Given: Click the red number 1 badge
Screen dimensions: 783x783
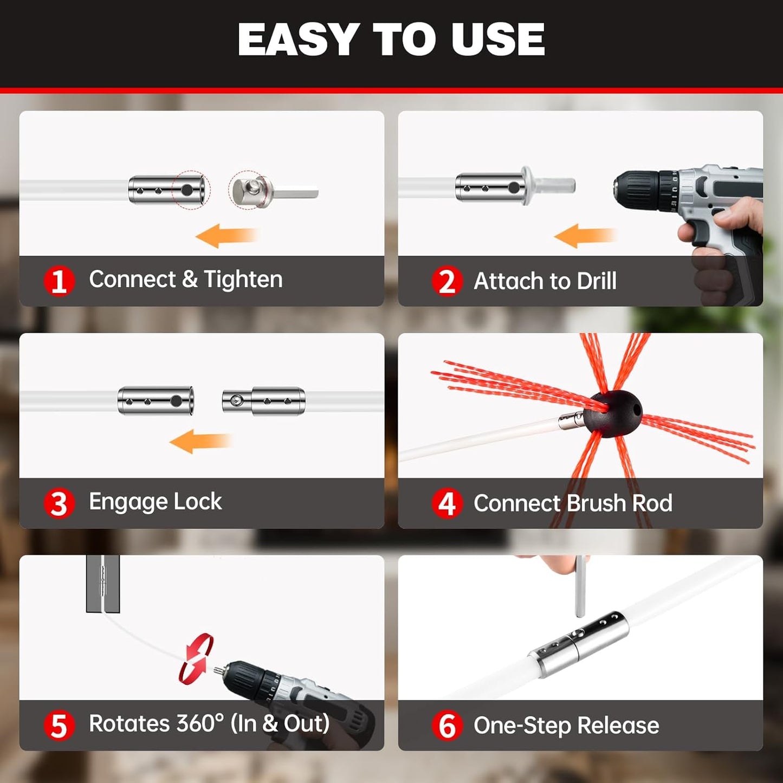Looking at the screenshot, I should [59, 281].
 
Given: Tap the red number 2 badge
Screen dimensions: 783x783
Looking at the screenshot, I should [447, 281].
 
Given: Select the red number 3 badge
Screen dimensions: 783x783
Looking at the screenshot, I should [59, 503].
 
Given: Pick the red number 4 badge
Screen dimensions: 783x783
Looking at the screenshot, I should [447, 503].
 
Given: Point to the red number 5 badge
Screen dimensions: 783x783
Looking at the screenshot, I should [59, 726].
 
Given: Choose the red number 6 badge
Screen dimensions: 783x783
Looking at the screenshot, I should [447, 726].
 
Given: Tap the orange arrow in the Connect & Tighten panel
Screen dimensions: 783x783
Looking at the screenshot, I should [227, 236].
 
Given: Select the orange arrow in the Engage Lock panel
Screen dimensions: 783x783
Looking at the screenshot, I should [199, 441].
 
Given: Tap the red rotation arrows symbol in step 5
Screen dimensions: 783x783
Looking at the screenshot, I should [196, 658].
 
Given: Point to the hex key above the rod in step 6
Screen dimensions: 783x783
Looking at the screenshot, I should [580, 585].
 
